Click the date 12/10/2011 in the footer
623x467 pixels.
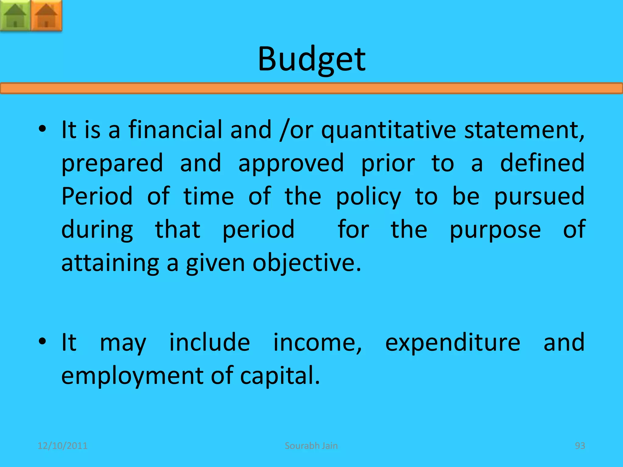[62, 446]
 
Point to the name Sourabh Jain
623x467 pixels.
[311, 446]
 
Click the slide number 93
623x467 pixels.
[580, 446]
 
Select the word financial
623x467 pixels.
[175, 130]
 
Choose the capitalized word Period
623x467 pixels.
[97, 196]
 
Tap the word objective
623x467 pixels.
[307, 263]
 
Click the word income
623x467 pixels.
[317, 343]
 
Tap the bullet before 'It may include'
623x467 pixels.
[42, 341]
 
